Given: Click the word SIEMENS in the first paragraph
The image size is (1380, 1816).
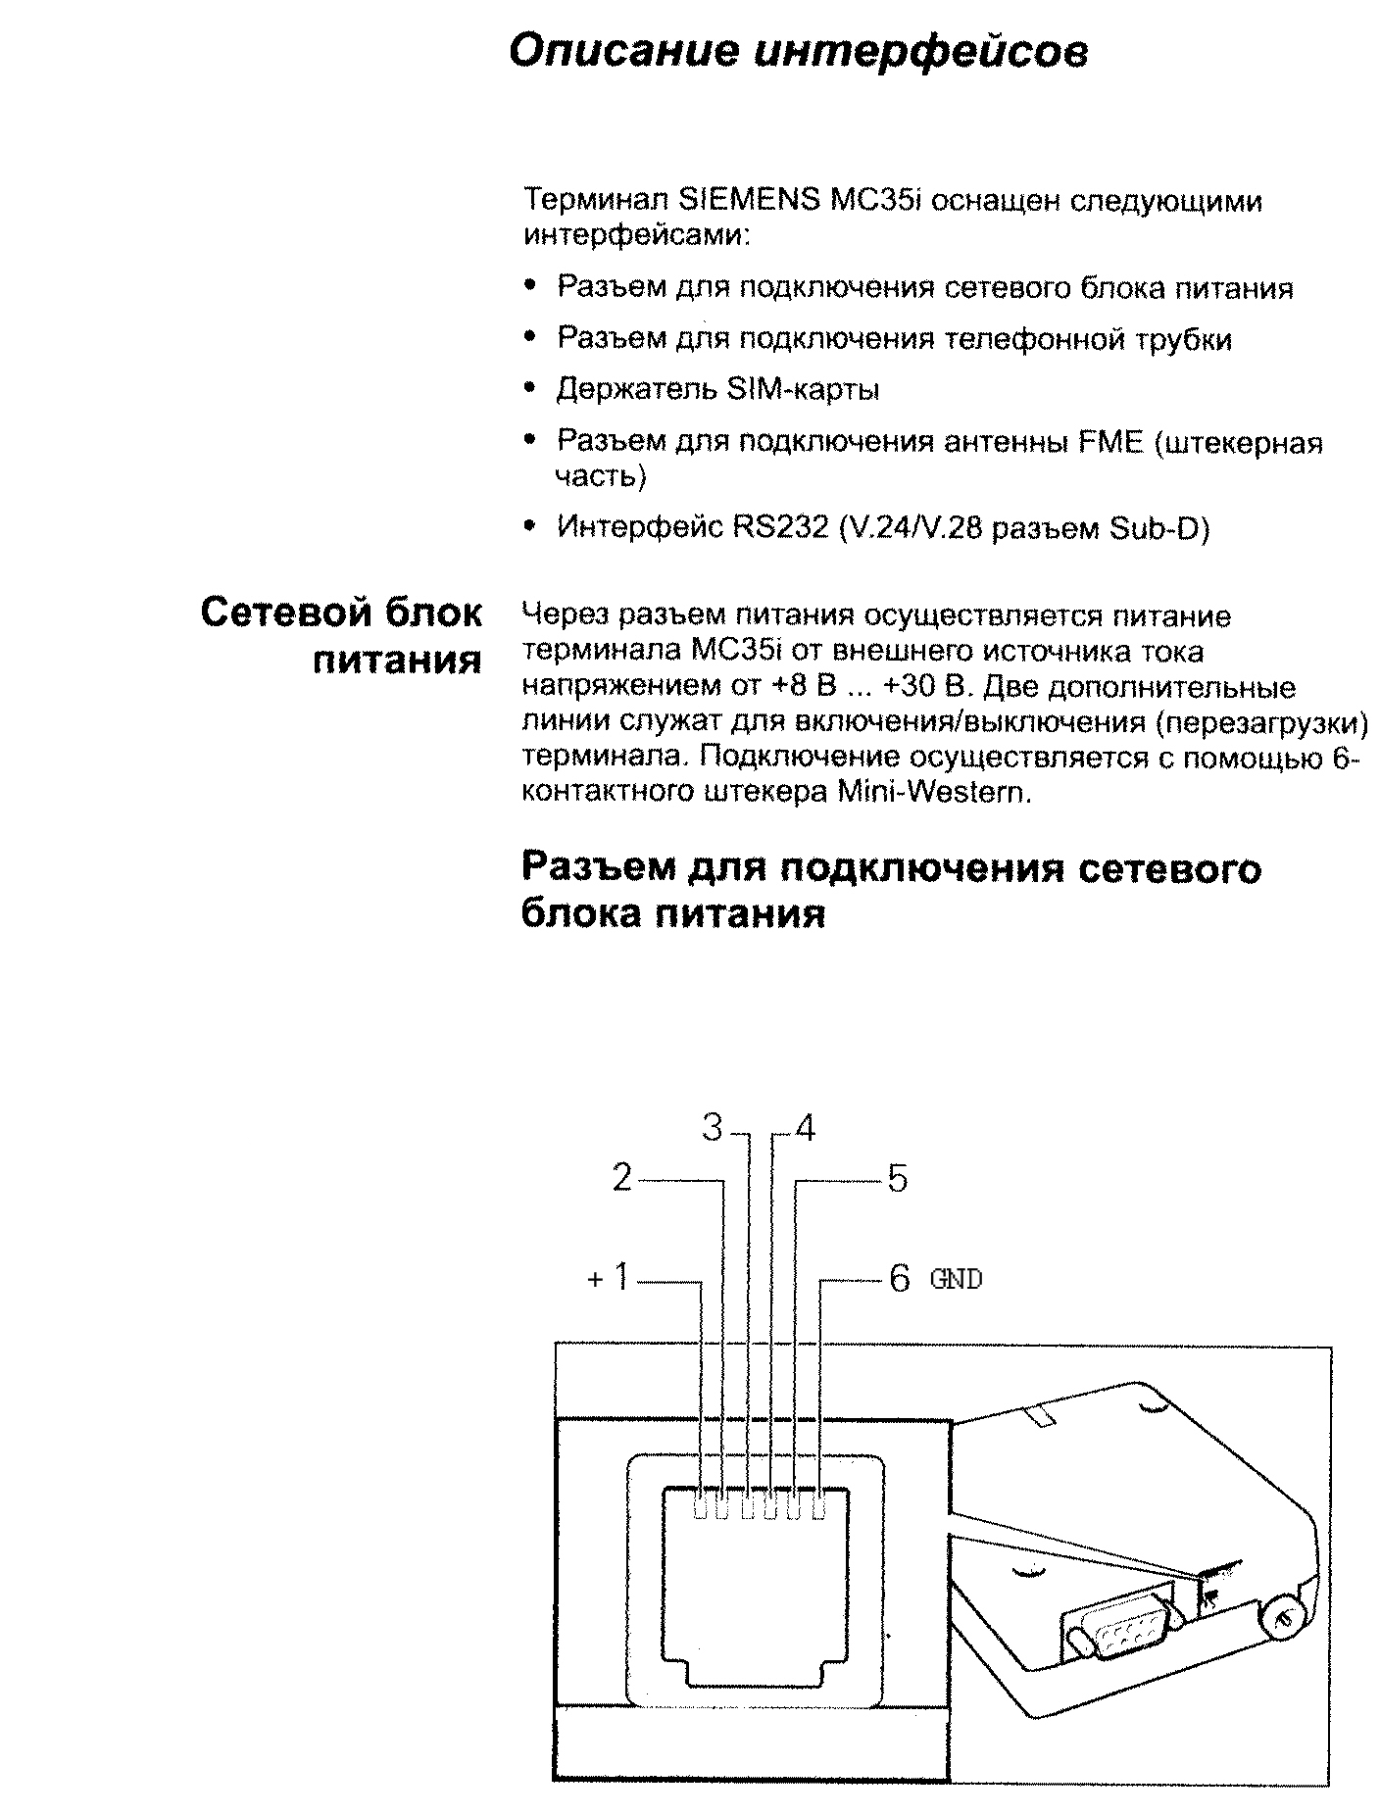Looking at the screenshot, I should point(749,201).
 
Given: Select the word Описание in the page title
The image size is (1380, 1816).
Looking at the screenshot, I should point(623,51).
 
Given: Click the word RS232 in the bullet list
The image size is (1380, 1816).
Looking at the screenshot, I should point(772,528).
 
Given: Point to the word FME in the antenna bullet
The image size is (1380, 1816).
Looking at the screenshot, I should point(1110,442).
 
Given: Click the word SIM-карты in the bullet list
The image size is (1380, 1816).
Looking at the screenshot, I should point(803,389).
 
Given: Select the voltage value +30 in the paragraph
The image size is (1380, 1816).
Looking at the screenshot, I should point(911,687).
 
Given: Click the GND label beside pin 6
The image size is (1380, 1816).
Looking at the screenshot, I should point(956,1279).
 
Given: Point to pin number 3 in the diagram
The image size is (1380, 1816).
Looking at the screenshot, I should point(713,1128).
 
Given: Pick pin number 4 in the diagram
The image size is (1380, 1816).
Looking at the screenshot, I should point(805,1128).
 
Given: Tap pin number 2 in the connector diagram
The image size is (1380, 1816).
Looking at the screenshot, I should point(622,1178).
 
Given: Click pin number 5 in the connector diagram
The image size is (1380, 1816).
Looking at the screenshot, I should point(898,1178).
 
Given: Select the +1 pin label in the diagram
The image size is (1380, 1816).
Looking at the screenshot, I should point(609,1278).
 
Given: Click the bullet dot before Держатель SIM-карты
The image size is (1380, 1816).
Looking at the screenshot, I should point(530,388).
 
